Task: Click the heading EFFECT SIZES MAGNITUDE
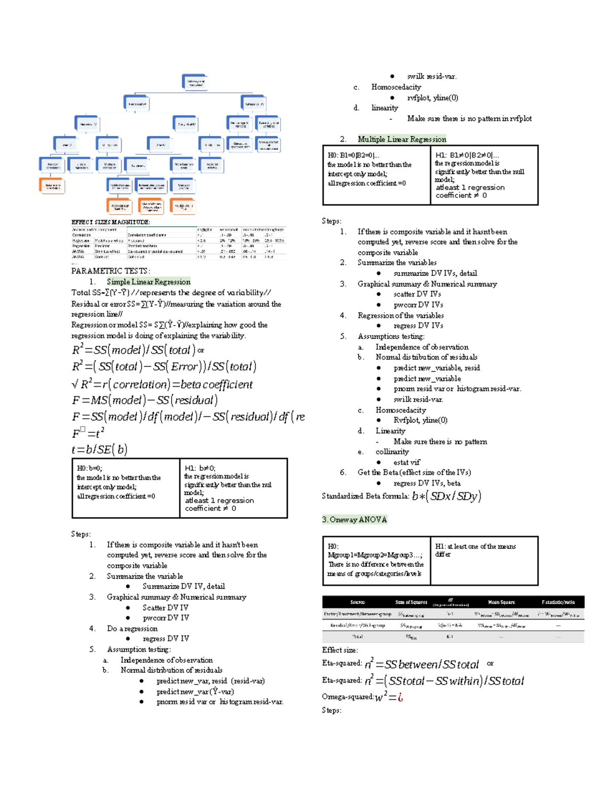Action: (111, 222)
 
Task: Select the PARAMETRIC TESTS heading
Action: (111, 271)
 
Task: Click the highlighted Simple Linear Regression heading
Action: (149, 282)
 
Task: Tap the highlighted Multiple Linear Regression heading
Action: (402, 139)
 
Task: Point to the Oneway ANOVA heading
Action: (354, 520)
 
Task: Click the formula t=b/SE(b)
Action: (99, 449)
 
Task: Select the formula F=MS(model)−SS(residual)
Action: (145, 400)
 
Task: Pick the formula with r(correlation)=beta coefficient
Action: (162, 384)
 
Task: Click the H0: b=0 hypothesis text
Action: (89, 468)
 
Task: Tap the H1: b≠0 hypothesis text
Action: (200, 468)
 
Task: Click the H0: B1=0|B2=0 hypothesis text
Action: (353, 155)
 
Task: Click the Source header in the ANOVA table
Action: (357, 602)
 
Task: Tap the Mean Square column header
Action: (501, 602)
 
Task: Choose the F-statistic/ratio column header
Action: (558, 602)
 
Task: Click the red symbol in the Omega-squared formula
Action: (400, 697)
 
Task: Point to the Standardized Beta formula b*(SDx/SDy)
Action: (447, 496)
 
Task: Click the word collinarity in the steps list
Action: (392, 452)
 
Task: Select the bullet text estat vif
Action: (407, 462)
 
